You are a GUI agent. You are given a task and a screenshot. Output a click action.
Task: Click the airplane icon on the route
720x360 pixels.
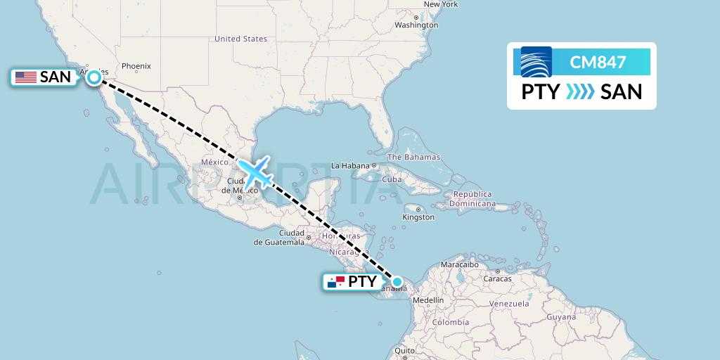(x=255, y=172)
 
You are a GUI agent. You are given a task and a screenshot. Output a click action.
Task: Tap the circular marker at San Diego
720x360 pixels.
(x=94, y=78)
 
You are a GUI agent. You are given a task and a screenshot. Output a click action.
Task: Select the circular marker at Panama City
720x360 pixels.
(x=397, y=282)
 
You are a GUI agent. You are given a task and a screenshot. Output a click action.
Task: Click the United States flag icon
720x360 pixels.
(x=26, y=77)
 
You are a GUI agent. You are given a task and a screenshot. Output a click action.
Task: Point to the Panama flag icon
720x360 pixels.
(x=335, y=282)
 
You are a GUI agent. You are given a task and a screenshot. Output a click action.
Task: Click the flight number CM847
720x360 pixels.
(x=598, y=62)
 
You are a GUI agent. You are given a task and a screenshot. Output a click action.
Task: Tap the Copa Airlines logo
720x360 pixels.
(x=536, y=62)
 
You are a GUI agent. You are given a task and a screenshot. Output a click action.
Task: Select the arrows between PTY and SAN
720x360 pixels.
(x=580, y=92)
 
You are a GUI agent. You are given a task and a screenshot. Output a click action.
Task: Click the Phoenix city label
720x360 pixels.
(x=136, y=67)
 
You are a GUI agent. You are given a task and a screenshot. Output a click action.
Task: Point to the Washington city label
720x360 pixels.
(x=416, y=25)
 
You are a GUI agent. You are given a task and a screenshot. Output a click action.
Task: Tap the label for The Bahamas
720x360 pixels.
(x=414, y=157)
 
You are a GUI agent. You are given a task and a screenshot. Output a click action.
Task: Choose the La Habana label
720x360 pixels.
(x=349, y=166)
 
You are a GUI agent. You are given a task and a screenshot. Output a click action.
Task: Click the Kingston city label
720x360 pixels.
(x=418, y=217)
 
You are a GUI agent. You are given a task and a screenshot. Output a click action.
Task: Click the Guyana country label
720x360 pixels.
(x=560, y=317)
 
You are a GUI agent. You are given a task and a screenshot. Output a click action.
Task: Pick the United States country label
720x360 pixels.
(x=240, y=39)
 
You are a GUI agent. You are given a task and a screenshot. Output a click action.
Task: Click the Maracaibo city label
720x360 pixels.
(x=461, y=265)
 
